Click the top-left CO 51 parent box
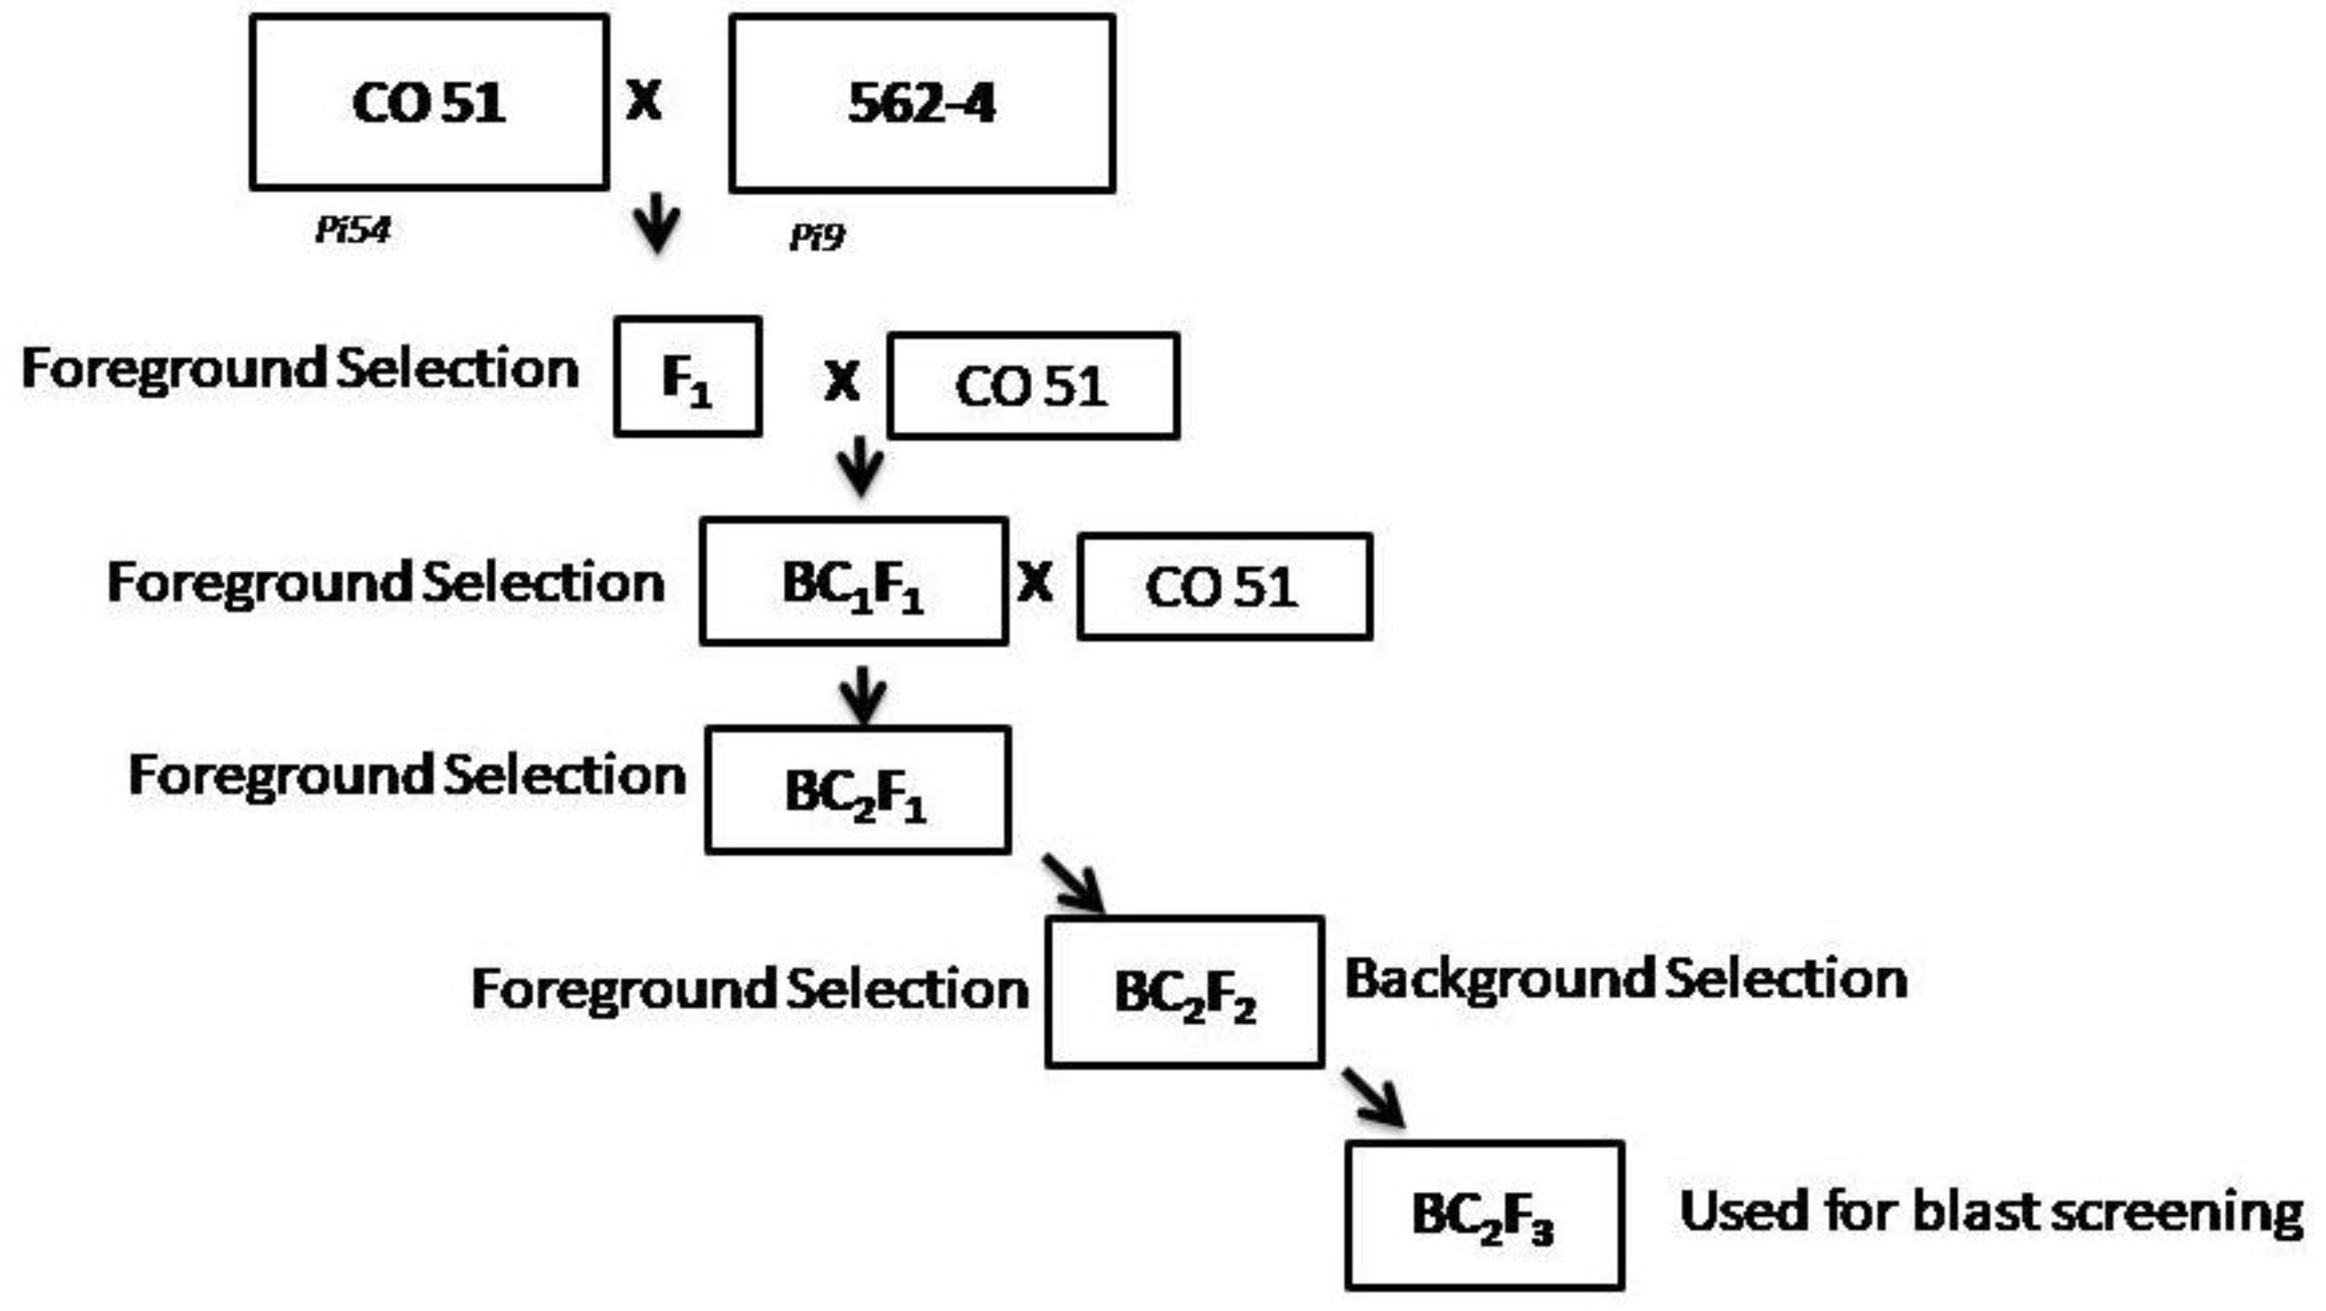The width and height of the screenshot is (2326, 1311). (x=429, y=102)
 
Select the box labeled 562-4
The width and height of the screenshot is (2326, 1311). (x=922, y=104)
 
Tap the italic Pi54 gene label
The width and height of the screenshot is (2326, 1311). (x=352, y=230)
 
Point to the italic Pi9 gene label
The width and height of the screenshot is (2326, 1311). (x=816, y=237)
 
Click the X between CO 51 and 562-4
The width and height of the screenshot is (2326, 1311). (x=644, y=100)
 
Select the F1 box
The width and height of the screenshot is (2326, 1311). (x=687, y=376)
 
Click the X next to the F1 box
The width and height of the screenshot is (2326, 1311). (x=841, y=381)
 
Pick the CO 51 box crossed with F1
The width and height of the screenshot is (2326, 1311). (x=1033, y=386)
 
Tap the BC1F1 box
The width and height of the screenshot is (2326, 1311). (x=853, y=581)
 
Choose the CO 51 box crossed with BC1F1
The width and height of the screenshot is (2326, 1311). (x=1224, y=587)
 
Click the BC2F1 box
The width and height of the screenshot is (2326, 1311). (x=857, y=790)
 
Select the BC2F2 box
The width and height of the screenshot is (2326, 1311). (x=1185, y=992)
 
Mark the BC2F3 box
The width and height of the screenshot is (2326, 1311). (x=1483, y=1214)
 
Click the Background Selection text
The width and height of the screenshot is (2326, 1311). (x=1626, y=979)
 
